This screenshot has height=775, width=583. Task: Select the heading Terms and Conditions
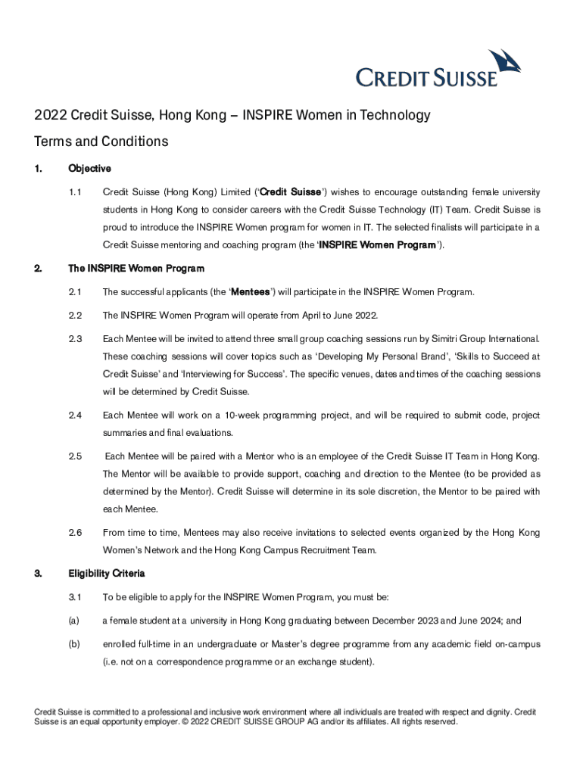tap(101, 142)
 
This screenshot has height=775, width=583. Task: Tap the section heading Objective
tap(89, 169)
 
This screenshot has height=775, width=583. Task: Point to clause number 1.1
tap(75, 192)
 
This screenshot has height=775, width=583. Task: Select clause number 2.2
tap(75, 315)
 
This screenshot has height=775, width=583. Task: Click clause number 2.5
tap(75, 456)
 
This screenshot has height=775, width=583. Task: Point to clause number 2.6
tap(75, 533)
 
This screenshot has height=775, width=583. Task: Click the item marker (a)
tap(74, 621)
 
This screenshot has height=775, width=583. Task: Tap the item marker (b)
tap(74, 645)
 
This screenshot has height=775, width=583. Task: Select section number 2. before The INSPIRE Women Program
tap(39, 269)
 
